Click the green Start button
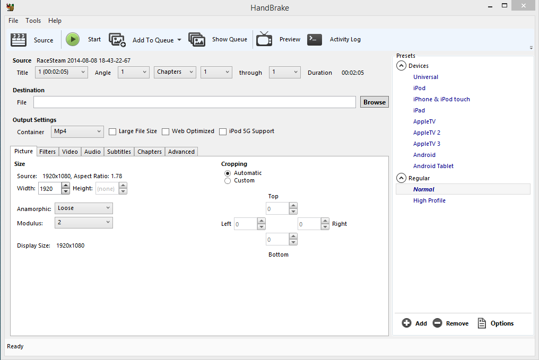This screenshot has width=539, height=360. (x=73, y=40)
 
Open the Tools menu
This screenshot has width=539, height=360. (x=33, y=21)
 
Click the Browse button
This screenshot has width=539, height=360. (x=375, y=102)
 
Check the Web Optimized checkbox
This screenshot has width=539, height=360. (x=166, y=131)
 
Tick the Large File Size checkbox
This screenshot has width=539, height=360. (x=112, y=131)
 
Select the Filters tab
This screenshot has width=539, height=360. (x=47, y=152)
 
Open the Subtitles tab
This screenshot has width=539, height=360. (x=119, y=152)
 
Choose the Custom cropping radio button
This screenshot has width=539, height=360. (x=228, y=181)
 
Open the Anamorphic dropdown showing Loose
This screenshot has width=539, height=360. (x=83, y=208)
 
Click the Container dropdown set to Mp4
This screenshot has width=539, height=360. (x=77, y=131)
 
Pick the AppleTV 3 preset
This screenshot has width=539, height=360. (x=427, y=144)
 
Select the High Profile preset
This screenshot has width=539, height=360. (x=429, y=200)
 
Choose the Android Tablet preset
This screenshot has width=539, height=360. (x=433, y=166)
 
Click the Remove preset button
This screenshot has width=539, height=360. (x=450, y=323)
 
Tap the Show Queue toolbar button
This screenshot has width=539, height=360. (x=218, y=40)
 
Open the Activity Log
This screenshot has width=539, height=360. (x=334, y=40)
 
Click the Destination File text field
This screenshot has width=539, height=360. (x=195, y=102)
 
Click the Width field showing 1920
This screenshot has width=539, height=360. (x=50, y=189)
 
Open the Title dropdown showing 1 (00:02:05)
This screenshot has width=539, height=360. (x=62, y=72)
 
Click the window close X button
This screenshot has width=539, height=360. (x=524, y=5)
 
